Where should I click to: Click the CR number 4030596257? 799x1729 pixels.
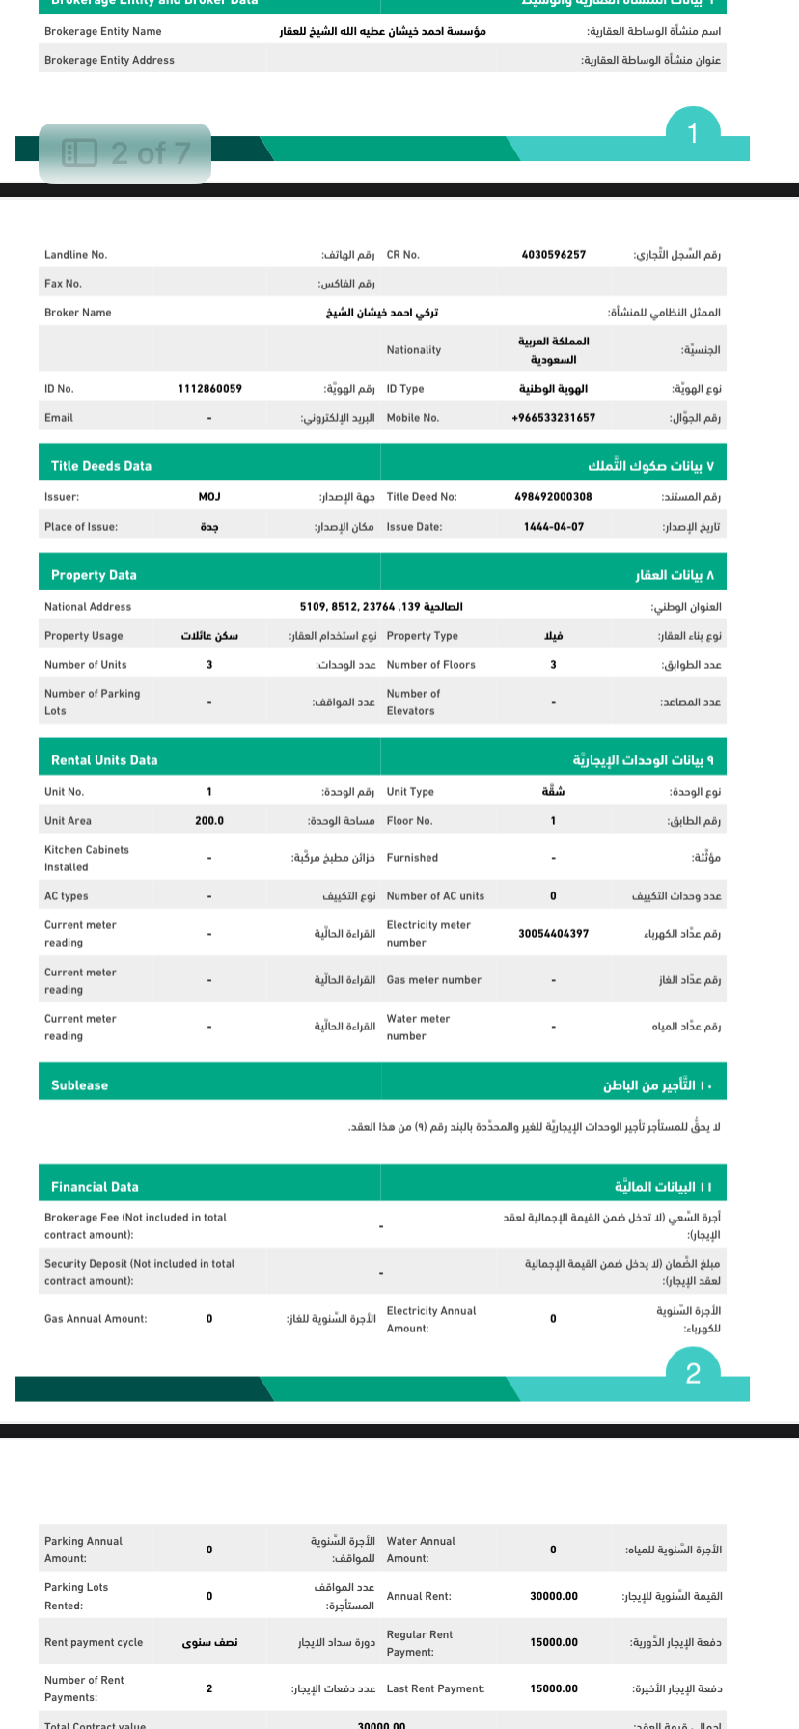[x=553, y=255]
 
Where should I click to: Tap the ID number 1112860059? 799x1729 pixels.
[x=209, y=389]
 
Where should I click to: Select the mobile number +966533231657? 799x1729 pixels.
[x=553, y=418]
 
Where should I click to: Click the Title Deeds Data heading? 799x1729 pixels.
[x=101, y=466]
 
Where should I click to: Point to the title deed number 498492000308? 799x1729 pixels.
[x=553, y=497]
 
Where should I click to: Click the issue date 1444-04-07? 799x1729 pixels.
[x=553, y=527]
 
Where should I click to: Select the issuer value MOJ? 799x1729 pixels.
[x=209, y=497]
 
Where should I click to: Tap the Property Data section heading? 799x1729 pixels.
[x=94, y=575]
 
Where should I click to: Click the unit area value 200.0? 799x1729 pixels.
[x=209, y=821]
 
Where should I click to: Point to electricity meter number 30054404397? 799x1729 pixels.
[x=553, y=934]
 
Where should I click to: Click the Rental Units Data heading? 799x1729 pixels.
[x=104, y=760]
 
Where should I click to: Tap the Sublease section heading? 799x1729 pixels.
[x=79, y=1085]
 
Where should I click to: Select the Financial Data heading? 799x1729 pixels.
[x=95, y=1187]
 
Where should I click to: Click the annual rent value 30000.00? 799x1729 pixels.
[x=554, y=1596]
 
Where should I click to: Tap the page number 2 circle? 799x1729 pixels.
[x=693, y=1373]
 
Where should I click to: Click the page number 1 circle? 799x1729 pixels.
[x=692, y=133]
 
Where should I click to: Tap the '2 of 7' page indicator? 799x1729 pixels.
[x=125, y=152]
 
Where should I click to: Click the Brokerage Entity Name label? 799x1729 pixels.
[x=103, y=32]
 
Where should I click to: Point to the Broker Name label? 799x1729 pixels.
[x=78, y=313]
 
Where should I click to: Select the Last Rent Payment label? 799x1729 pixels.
[x=435, y=1688]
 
